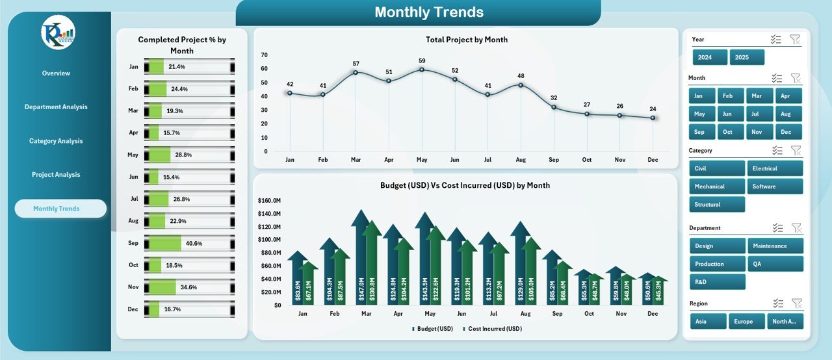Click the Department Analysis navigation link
click(56, 107)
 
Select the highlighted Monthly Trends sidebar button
click(60, 209)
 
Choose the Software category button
click(775, 186)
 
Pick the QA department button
click(775, 264)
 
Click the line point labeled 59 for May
click(422, 69)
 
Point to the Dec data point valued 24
click(653, 118)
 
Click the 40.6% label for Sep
click(194, 243)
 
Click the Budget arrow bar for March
click(361, 260)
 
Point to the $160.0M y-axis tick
click(268, 201)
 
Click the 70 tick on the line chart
click(263, 55)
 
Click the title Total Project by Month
click(466, 40)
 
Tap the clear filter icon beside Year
click(795, 40)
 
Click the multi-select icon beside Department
click(777, 227)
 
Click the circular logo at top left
click(58, 32)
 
